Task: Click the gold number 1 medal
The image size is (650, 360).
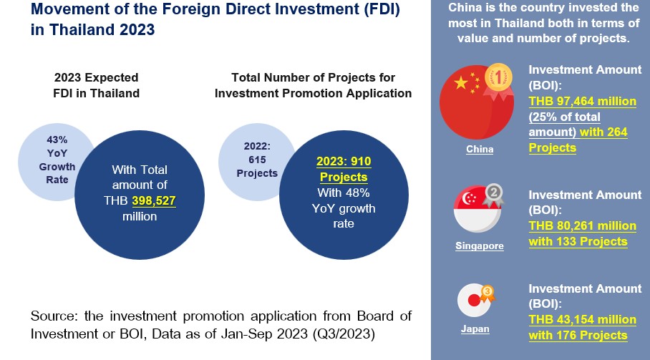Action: [497, 77]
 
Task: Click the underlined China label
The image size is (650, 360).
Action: [479, 150]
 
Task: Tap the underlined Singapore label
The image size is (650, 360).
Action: [479, 246]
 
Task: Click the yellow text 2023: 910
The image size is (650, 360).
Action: [344, 162]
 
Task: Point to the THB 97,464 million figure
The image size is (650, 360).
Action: [582, 102]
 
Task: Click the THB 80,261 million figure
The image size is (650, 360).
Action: [582, 226]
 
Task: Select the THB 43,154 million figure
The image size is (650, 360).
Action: [582, 319]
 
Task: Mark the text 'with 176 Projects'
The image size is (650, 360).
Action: [578, 335]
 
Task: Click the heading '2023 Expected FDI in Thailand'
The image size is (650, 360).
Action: [97, 85]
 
